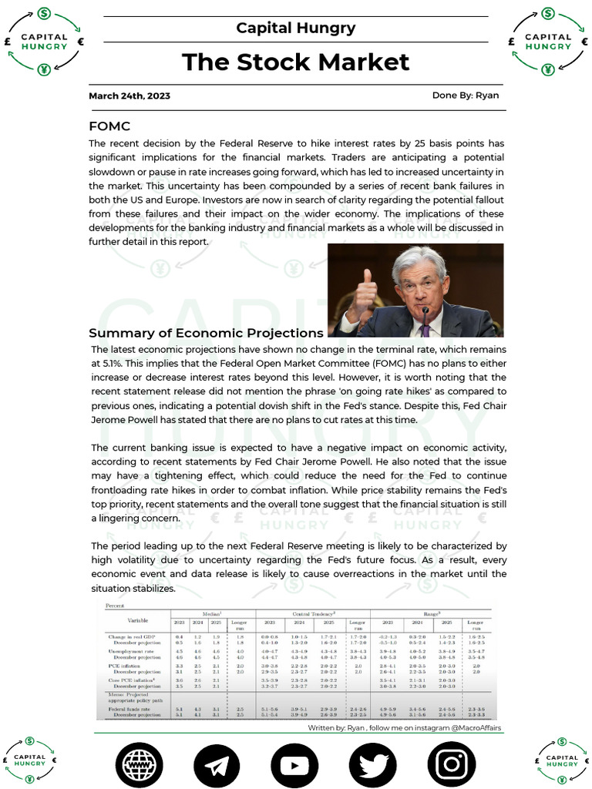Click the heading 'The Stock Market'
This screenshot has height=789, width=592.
(296, 62)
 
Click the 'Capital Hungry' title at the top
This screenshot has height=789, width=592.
(296, 29)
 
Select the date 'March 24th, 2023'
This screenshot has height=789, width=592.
(129, 96)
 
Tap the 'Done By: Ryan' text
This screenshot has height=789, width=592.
(466, 96)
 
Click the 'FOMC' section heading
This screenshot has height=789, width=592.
(109, 126)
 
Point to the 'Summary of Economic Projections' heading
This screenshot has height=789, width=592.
(206, 333)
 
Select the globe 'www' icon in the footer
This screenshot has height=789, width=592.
(139, 764)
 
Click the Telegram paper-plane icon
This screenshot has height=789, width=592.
(217, 764)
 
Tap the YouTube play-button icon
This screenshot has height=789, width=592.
(294, 764)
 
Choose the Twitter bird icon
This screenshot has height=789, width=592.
(372, 764)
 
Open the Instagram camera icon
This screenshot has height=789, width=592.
(451, 764)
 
